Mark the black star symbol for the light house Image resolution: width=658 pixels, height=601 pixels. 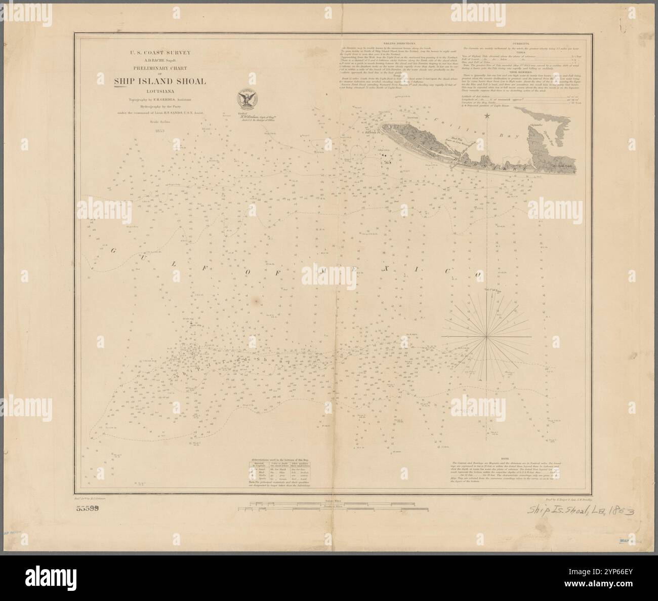coord(487,116)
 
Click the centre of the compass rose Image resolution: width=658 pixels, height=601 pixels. coord(487,336)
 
